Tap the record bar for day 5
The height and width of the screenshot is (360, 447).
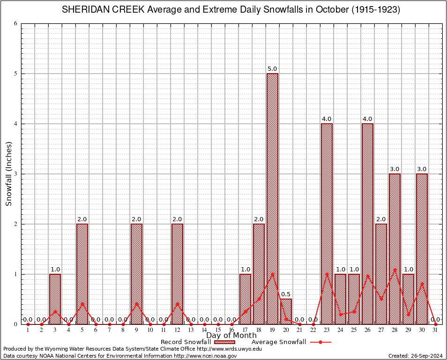click(x=82, y=274)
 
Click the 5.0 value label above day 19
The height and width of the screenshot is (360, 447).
click(x=272, y=69)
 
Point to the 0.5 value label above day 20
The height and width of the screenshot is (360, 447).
click(x=286, y=294)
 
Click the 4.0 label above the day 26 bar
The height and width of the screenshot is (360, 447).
click(x=367, y=119)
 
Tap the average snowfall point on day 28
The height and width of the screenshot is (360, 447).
click(x=395, y=270)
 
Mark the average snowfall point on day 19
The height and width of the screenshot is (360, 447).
click(x=272, y=274)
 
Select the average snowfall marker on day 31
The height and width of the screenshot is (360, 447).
click(x=435, y=324)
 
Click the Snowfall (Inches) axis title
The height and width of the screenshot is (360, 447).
click(x=8, y=174)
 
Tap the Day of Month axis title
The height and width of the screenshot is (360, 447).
click(x=231, y=336)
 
